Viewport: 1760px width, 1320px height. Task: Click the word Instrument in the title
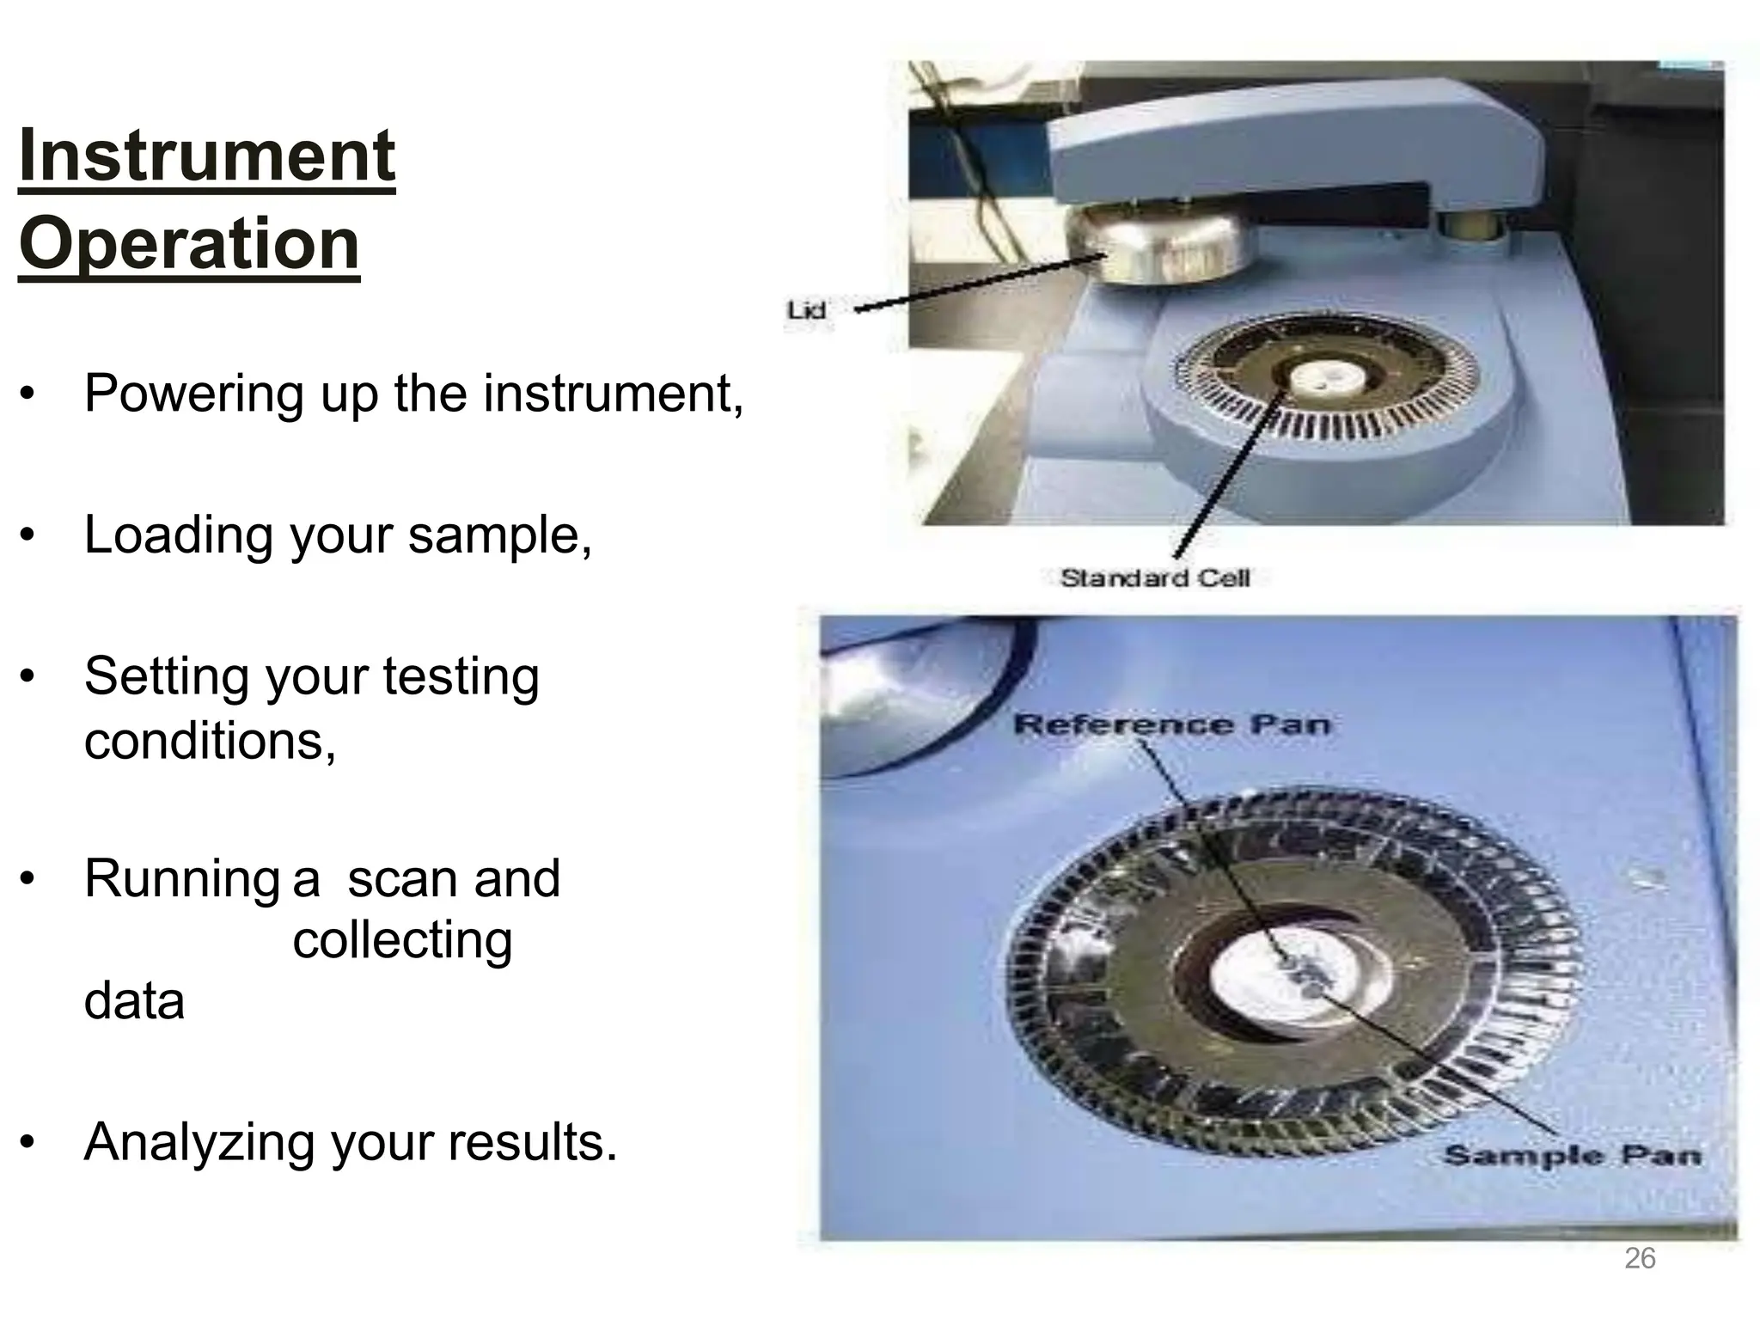[x=206, y=156]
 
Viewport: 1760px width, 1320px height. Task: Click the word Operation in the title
[x=189, y=244]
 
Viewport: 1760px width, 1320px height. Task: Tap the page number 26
[x=1640, y=1258]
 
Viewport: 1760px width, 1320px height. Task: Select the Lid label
[x=806, y=310]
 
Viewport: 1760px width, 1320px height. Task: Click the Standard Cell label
[x=1155, y=578]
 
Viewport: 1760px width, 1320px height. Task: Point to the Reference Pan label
[x=1172, y=724]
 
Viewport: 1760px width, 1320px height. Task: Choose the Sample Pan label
[x=1572, y=1155]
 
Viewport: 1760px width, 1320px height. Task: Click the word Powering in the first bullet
[x=194, y=395]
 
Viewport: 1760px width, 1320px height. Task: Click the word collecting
[x=402, y=940]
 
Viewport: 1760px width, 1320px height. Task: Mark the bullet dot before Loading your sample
[x=28, y=536]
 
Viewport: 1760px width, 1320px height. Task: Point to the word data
[x=134, y=1002]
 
